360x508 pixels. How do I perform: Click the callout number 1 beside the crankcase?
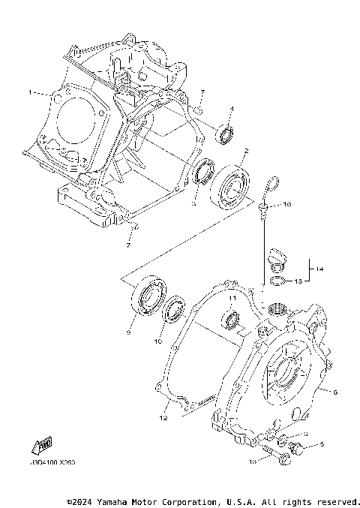[x=30, y=93]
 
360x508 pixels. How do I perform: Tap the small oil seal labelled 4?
[x=225, y=135]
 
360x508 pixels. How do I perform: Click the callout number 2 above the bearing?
[x=245, y=151]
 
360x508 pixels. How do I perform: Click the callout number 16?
[x=287, y=204]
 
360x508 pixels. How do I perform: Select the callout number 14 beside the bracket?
[x=319, y=269]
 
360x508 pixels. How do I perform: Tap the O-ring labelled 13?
[x=277, y=282]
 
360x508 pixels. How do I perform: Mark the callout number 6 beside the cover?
[x=335, y=392]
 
